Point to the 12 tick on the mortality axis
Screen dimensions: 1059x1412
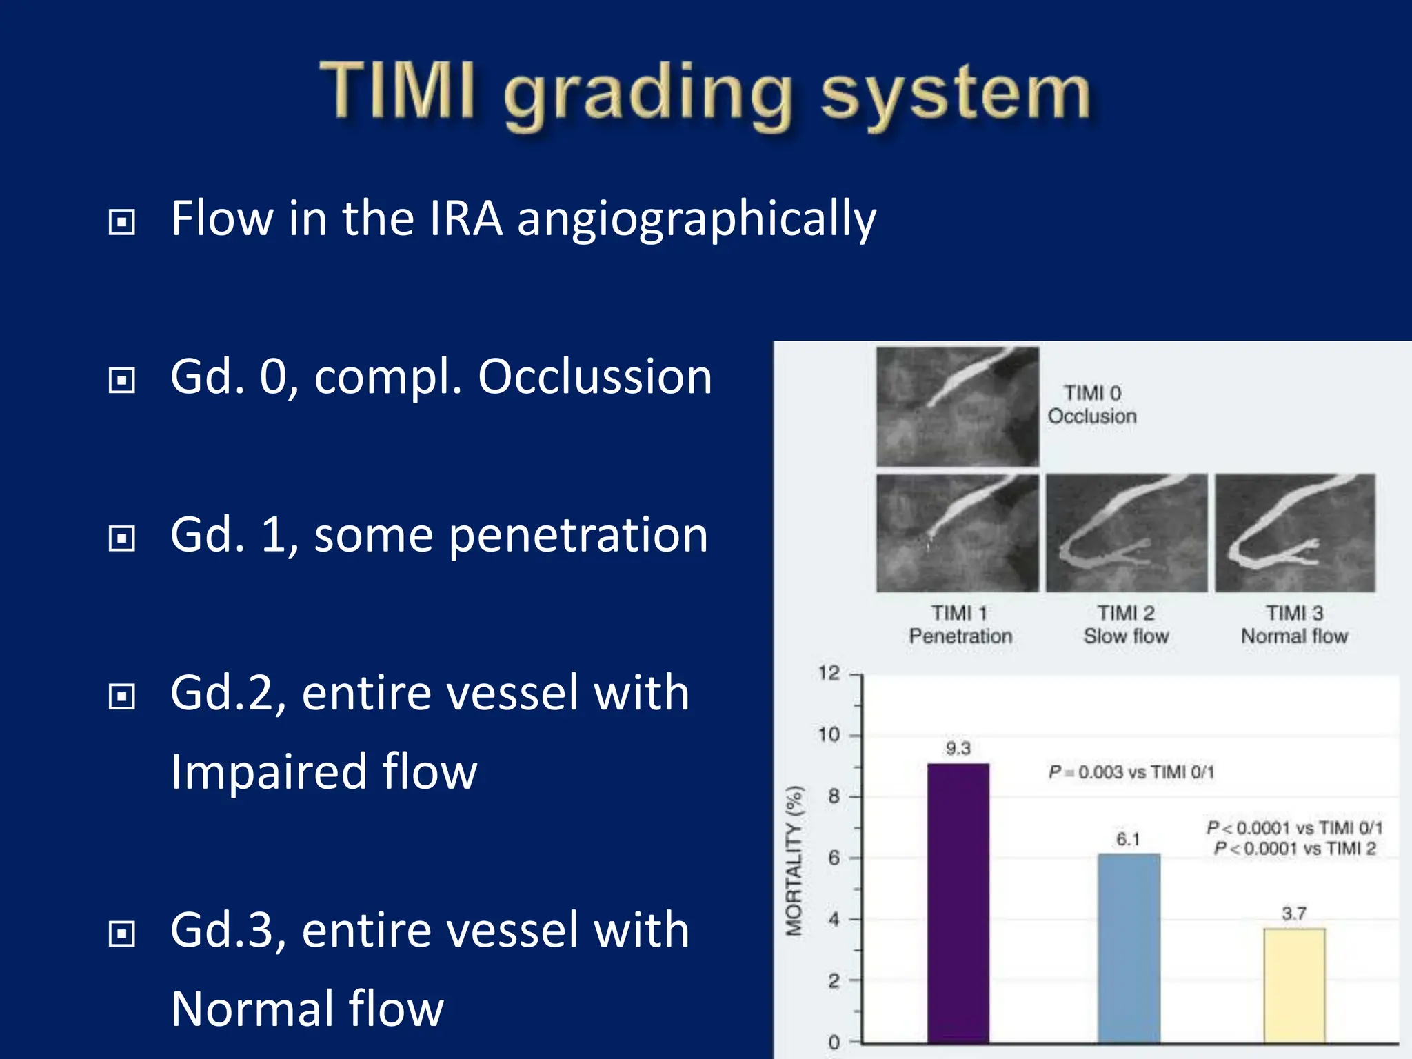coord(829,673)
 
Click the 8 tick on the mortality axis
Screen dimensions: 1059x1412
coord(834,796)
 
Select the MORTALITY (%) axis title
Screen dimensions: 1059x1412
coord(795,860)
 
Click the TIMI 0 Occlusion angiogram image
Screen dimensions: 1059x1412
coord(957,407)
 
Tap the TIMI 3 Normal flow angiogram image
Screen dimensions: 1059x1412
coord(1295,533)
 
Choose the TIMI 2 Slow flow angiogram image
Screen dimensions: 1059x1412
coord(1127,533)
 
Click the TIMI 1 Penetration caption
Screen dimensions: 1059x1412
coord(960,625)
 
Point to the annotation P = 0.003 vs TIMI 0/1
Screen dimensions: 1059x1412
coord(1131,772)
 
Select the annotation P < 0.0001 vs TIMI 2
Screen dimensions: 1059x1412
coord(1294,849)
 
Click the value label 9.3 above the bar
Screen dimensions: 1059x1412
coord(958,749)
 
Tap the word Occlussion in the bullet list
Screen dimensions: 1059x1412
coord(594,377)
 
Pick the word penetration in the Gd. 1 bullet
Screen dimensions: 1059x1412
coord(578,535)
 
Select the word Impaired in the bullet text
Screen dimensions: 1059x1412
coord(268,771)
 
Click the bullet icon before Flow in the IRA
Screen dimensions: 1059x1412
coord(122,222)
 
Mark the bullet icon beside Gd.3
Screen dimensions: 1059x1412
coord(122,934)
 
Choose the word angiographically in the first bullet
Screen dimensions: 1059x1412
coord(696,219)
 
